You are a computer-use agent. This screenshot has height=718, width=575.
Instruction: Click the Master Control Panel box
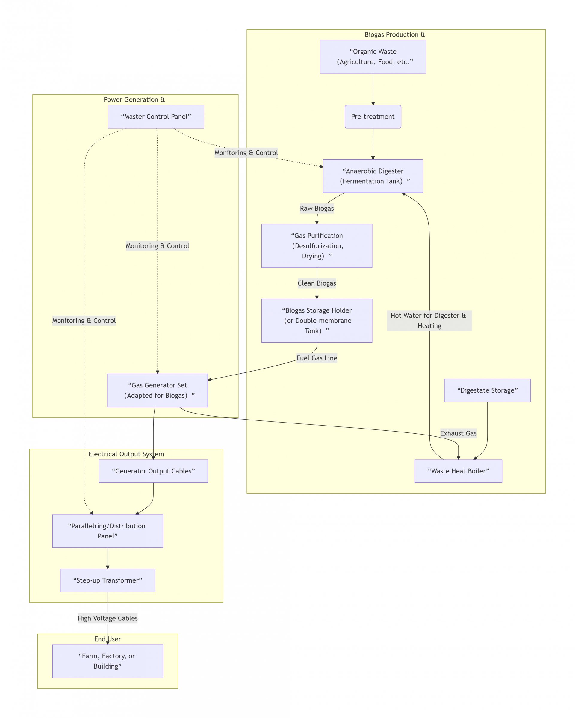click(156, 117)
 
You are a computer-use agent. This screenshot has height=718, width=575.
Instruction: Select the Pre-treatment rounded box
click(373, 117)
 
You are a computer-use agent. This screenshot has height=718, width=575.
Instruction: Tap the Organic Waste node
click(373, 57)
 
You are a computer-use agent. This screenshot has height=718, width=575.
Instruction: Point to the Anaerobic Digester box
click(373, 176)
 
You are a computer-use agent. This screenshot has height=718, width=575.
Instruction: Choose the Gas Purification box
click(317, 246)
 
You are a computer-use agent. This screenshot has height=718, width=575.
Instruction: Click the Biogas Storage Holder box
click(317, 320)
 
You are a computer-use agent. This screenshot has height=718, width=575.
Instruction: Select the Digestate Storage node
click(487, 390)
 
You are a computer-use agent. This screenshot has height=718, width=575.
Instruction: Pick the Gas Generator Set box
click(158, 390)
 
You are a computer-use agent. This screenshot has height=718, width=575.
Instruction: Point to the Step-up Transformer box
click(108, 580)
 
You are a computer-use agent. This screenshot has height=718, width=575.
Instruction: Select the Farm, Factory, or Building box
click(108, 661)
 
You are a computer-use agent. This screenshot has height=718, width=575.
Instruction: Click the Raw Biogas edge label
click(317, 209)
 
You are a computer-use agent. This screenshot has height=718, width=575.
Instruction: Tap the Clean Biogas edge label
click(317, 283)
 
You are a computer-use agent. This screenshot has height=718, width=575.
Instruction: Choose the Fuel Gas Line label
click(317, 358)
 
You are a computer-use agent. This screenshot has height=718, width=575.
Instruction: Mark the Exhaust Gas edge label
click(458, 433)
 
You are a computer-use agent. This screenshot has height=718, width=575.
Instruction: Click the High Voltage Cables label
click(108, 618)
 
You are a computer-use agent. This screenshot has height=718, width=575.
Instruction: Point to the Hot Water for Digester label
click(429, 320)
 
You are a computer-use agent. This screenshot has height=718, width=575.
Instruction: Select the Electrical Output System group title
click(126, 454)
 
